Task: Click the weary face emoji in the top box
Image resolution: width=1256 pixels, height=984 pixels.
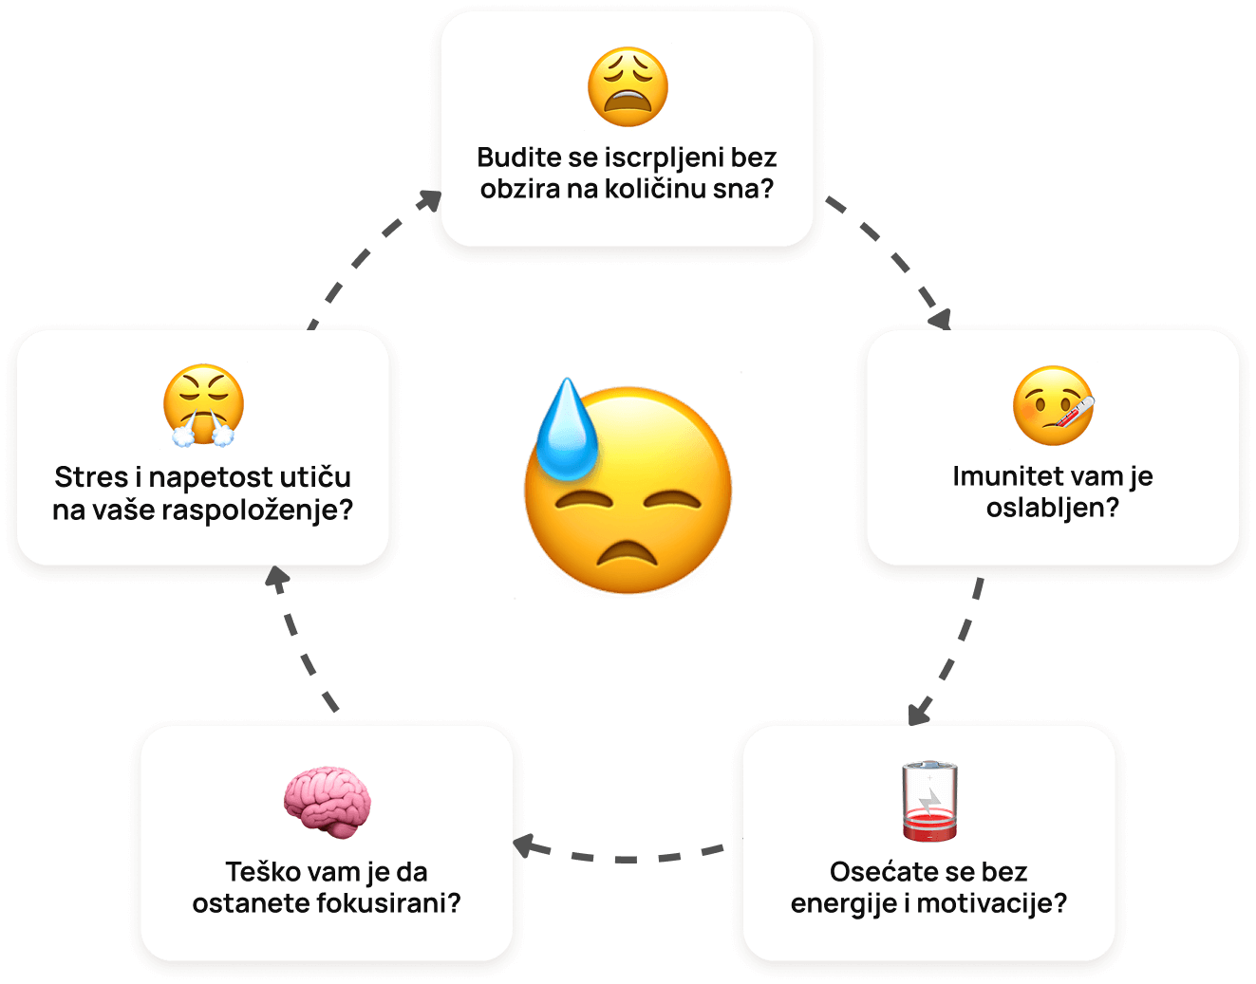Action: (x=628, y=86)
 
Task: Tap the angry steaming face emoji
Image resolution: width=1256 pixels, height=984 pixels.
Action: (x=203, y=405)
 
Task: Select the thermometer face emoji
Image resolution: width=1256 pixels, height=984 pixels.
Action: (x=1053, y=406)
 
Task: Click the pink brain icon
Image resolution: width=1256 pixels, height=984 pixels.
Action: (x=327, y=803)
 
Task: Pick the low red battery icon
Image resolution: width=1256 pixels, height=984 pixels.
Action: (x=929, y=800)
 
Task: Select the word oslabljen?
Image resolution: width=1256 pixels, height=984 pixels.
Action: (x=1053, y=508)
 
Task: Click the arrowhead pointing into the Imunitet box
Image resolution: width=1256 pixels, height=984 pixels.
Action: (x=939, y=319)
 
